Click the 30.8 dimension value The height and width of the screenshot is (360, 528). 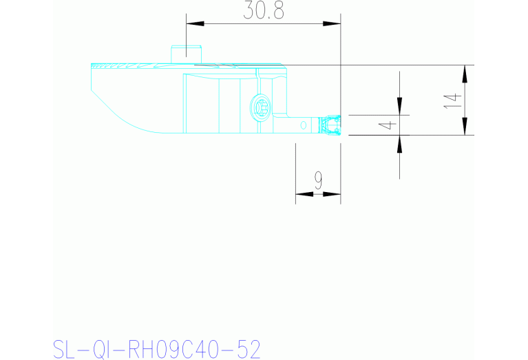(264, 10)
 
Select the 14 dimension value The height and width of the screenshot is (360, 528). (451, 100)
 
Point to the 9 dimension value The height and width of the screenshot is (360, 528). (318, 180)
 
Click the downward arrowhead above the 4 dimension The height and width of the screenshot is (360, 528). (400, 106)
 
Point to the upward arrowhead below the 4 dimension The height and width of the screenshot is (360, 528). (400, 144)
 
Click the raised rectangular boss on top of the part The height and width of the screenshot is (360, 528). (185, 54)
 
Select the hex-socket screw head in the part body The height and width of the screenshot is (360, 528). (261, 107)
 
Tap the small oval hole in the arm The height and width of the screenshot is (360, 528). (303, 125)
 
